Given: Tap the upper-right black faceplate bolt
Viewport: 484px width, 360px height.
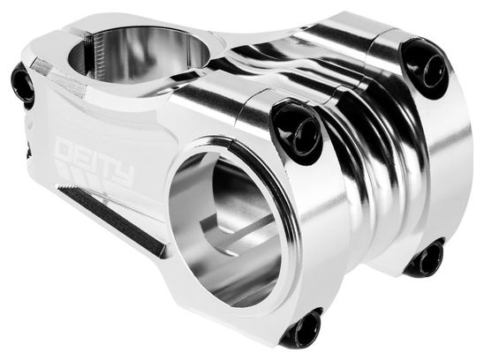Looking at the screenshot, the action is (x=426, y=68).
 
